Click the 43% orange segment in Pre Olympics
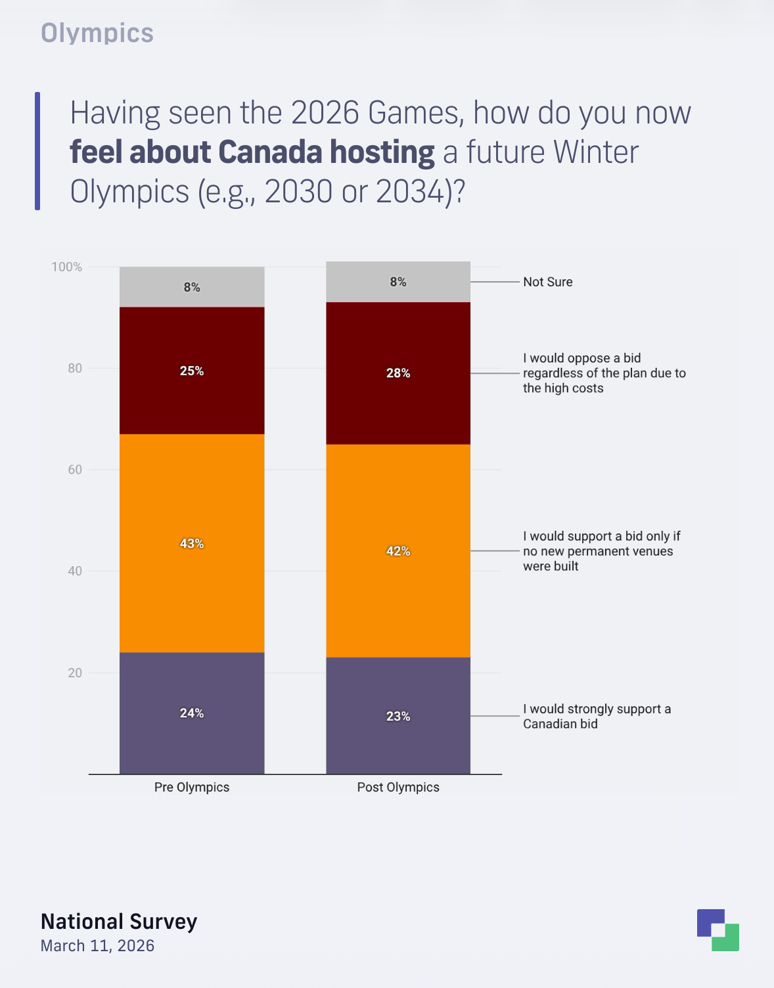(x=192, y=499)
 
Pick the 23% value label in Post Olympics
(x=398, y=716)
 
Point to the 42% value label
(x=398, y=551)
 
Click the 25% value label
(x=192, y=370)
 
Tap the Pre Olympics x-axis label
(x=192, y=787)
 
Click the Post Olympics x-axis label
(x=398, y=787)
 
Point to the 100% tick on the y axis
(x=67, y=267)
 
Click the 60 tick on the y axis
(x=75, y=469)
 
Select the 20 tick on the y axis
(x=75, y=672)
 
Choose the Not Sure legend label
(x=548, y=282)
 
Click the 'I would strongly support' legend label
(x=597, y=716)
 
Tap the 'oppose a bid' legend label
(x=604, y=373)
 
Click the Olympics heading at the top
(x=97, y=33)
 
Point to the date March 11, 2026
(x=97, y=945)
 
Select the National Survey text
(x=119, y=921)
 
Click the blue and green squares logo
(x=718, y=930)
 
